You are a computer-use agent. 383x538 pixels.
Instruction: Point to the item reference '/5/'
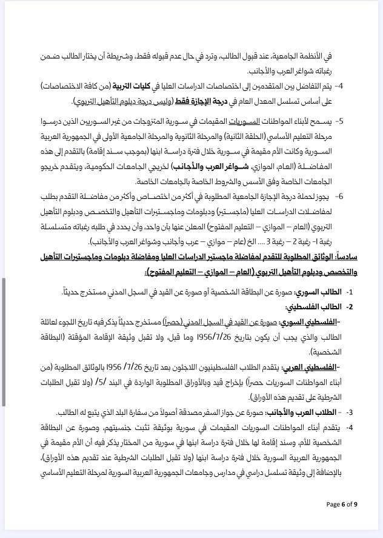(102, 382)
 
